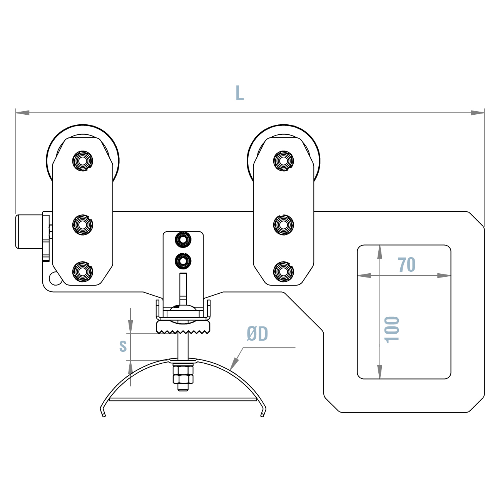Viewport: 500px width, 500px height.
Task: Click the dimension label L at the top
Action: click(239, 93)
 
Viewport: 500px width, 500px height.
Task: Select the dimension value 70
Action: click(406, 265)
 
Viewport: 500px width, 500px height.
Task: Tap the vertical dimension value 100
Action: click(392, 329)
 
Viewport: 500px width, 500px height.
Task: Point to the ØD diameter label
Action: click(257, 334)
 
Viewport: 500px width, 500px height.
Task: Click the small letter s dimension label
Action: click(123, 346)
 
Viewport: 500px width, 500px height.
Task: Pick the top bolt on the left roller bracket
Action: click(83, 161)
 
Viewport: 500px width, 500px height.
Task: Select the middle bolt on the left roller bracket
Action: click(83, 224)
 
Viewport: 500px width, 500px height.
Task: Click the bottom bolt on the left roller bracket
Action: click(83, 272)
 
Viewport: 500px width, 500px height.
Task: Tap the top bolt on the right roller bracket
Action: click(283, 161)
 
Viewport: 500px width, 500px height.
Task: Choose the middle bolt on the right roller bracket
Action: click(283, 224)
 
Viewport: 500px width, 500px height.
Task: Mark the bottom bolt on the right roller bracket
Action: click(283, 272)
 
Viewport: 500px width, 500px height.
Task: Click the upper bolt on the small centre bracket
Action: click(183, 239)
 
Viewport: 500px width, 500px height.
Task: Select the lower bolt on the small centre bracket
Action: click(183, 261)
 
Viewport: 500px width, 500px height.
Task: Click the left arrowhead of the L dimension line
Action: click(22, 113)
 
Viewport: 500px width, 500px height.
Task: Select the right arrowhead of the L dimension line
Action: click(478, 113)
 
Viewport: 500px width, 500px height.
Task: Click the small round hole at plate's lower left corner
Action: click(55, 279)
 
